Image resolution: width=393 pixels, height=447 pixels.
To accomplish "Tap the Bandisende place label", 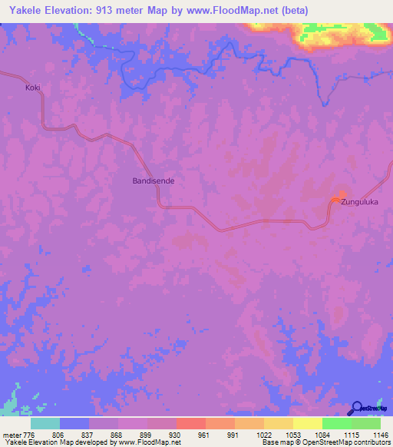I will point(154,181).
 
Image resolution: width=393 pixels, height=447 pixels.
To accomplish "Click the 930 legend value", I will point(173,435).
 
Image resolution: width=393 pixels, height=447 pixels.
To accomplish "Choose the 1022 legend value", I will point(261,435).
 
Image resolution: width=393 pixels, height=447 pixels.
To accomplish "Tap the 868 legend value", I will point(116,435).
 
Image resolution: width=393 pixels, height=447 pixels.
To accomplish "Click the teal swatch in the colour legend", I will point(45,423).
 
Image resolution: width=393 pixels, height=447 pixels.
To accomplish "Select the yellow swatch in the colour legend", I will point(307,423).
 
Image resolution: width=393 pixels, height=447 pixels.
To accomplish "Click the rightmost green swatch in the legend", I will point(366,423).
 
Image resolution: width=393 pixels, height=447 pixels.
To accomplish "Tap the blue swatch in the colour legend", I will point(74,423).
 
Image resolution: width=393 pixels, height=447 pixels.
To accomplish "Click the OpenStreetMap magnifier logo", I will point(358,409).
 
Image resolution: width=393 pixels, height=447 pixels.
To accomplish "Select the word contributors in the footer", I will point(372,442).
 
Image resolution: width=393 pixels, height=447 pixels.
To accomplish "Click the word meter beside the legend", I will point(14,435).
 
